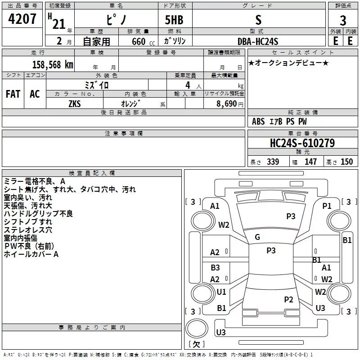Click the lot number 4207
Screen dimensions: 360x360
tap(22, 20)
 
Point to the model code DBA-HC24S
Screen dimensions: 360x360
tap(258, 41)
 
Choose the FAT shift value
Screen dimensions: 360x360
tap(13, 94)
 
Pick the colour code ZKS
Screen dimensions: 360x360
tap(75, 103)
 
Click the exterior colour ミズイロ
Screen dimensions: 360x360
tap(97, 85)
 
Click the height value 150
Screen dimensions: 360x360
tap(346, 162)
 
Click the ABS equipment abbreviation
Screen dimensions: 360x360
tap(258, 121)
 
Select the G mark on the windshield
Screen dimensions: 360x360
tap(257, 237)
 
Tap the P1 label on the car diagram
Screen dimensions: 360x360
tap(327, 206)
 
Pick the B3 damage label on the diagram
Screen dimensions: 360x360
tap(215, 268)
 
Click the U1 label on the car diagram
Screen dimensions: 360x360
tap(221, 292)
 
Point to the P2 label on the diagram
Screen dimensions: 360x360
tap(288, 299)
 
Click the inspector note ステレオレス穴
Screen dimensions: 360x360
tap(28, 230)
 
